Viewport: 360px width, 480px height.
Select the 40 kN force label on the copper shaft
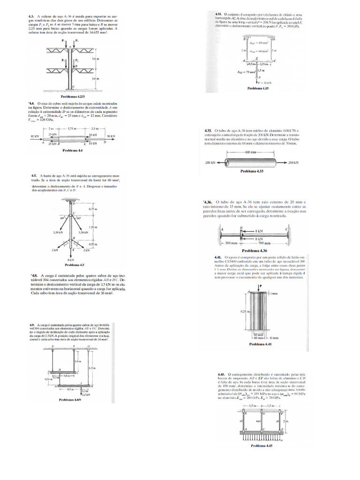34,136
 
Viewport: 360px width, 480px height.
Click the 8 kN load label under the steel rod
71,259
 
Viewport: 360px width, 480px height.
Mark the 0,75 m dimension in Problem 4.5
92,209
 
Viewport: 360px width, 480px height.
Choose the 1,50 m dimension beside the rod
92,227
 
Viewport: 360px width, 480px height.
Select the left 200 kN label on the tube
211,162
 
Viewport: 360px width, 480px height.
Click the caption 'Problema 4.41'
260,344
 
